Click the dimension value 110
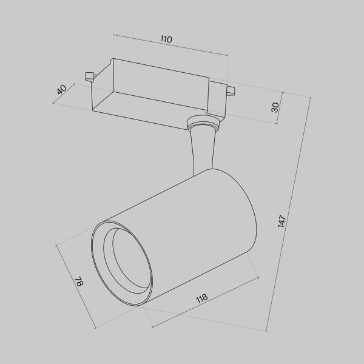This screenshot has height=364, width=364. pos(166,39)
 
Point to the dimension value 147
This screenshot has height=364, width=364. pos(281,220)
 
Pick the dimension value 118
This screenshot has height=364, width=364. pos(202,298)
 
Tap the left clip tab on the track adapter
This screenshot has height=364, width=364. pos(89,76)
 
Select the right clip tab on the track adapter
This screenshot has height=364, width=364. pos(230,92)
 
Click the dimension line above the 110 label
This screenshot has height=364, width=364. pos(170,47)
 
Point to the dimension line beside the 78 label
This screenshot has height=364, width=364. pos(75,285)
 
